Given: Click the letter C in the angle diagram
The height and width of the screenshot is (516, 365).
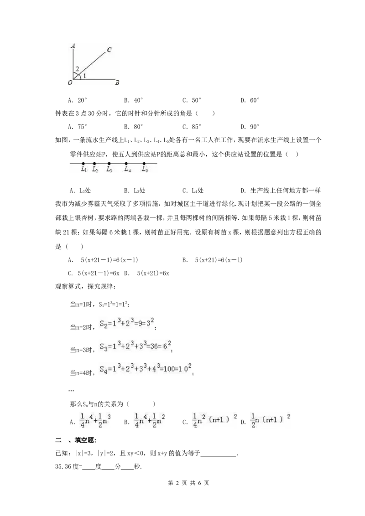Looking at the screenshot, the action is pyautogui.click(x=109, y=50).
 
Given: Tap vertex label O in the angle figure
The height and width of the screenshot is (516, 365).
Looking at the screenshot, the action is pyautogui.click(x=70, y=83).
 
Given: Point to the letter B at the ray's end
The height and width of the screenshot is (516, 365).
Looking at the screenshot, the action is pyautogui.click(x=117, y=83).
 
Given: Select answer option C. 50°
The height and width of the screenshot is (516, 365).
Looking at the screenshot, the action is pyautogui.click(x=192, y=100).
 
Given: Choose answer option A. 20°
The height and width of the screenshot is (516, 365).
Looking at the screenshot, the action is pyautogui.click(x=78, y=100).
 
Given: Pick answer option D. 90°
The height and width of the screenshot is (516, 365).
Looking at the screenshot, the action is pyautogui.click(x=250, y=126).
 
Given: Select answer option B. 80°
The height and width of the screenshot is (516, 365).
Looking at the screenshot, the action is pyautogui.click(x=133, y=126).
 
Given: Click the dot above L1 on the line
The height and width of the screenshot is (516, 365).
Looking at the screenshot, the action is pyautogui.click(x=83, y=163).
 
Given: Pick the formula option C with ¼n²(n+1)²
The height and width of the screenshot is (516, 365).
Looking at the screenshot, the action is pyautogui.click(x=209, y=421).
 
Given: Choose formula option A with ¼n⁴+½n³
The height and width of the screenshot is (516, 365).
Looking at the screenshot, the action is pyautogui.click(x=90, y=421).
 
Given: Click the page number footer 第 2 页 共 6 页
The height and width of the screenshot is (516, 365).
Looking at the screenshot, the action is pyautogui.click(x=188, y=483).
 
